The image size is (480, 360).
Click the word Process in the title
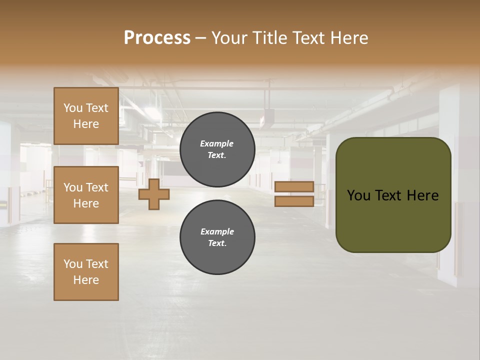pyautogui.click(x=157, y=38)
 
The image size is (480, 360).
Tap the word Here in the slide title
pyautogui.click(x=348, y=38)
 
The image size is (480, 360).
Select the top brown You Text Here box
pyautogui.click(x=86, y=116)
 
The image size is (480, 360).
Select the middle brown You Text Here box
pyautogui.click(x=86, y=195)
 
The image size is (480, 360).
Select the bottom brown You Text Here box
pyautogui.click(x=86, y=272)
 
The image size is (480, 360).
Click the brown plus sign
pyautogui.click(x=154, y=194)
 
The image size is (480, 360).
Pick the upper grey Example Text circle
pyautogui.click(x=217, y=149)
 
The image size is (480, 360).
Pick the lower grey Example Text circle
pyautogui.click(x=217, y=237)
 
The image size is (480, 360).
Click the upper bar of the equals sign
pyautogui.click(x=294, y=186)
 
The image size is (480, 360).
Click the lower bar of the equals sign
pyautogui.click(x=294, y=201)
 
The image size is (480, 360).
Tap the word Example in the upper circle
pyautogui.click(x=217, y=143)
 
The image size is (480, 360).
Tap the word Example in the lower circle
pyautogui.click(x=217, y=231)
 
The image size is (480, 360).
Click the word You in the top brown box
pyautogui.click(x=72, y=108)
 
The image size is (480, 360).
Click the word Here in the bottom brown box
pyautogui.click(x=86, y=280)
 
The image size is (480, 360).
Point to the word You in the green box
pyautogui.click(x=358, y=195)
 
